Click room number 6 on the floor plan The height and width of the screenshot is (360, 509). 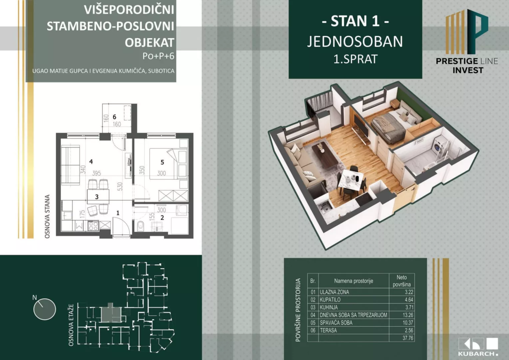point(114,117)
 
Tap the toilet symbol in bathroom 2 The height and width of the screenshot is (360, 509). point(140,226)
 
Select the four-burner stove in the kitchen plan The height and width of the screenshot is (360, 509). point(93,226)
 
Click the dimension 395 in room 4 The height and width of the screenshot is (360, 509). point(96,173)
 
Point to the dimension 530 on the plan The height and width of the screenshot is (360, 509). point(120,186)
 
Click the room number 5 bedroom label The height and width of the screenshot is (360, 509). point(162,162)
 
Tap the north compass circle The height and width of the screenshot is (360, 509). point(45,309)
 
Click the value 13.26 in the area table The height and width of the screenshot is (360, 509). point(408,315)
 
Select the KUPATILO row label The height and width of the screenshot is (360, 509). point(330,300)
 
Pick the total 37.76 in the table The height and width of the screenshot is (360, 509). point(408,338)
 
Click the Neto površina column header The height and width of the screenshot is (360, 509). point(401,281)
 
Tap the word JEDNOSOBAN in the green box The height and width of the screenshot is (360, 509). point(355,42)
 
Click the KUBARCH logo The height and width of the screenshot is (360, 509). point(478,347)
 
